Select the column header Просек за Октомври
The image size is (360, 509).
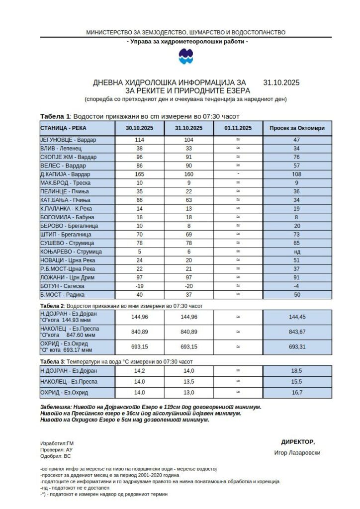[297, 128]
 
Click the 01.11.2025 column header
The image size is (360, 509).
[238, 128]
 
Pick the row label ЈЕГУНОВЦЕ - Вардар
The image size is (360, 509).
[69, 140]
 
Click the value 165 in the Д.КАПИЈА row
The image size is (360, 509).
[139, 174]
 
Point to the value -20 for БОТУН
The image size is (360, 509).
[188, 286]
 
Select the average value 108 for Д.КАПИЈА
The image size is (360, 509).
[297, 174]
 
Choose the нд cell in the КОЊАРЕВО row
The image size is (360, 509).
[297, 252]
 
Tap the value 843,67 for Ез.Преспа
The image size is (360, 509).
[297, 332]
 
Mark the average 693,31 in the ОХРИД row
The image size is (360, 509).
[297, 346]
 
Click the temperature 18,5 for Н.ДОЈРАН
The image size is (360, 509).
[297, 370]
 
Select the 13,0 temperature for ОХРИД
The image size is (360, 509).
[188, 393]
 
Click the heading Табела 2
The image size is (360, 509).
[52, 306]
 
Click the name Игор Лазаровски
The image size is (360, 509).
[297, 453]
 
